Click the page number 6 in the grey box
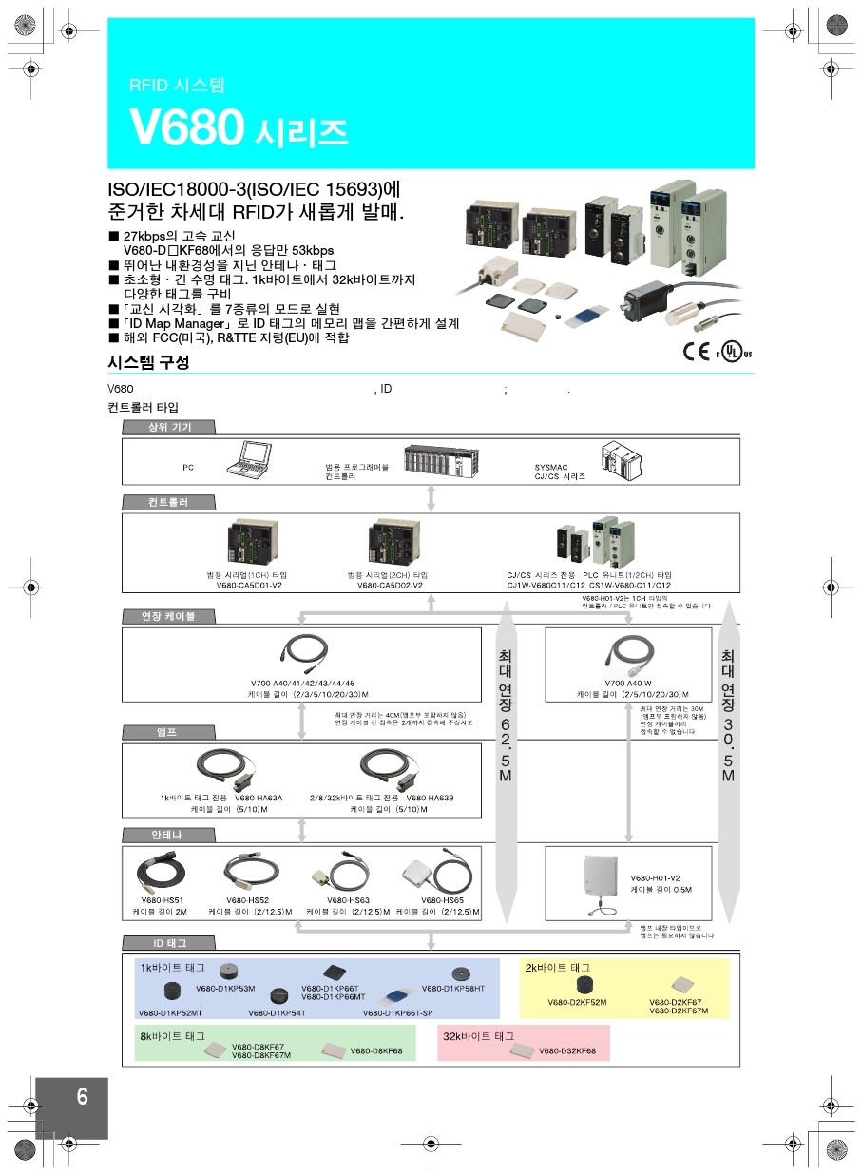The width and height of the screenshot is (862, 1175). tap(82, 1097)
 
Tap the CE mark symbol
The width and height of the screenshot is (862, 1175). tap(696, 350)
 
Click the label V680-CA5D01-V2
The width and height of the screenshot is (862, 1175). tap(249, 586)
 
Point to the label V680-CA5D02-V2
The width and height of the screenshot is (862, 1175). tap(390, 586)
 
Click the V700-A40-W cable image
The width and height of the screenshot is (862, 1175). tap(628, 652)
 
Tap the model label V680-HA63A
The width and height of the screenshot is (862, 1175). tap(258, 799)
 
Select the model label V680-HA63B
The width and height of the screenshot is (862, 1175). tap(430, 799)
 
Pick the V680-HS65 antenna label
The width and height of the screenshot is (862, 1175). tap(442, 899)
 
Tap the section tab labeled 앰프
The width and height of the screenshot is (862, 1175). tap(167, 732)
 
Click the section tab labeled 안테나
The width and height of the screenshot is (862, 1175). tap(167, 835)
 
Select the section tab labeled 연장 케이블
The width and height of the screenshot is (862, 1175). tap(168, 616)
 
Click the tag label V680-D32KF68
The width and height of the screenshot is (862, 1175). tap(567, 1051)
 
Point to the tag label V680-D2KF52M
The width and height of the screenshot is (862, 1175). tap(577, 1002)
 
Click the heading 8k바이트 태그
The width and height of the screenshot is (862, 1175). tap(173, 1035)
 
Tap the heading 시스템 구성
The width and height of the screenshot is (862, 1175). tap(148, 362)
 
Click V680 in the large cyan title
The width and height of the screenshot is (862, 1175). tap(186, 128)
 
